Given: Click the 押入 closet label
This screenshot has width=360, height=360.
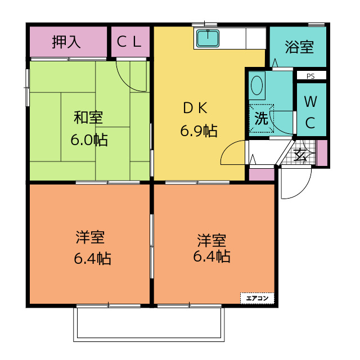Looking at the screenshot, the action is pos(66,42).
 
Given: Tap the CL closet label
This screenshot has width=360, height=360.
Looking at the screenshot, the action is pos(129,42).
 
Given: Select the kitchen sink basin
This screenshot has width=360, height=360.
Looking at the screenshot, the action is pos(208,38).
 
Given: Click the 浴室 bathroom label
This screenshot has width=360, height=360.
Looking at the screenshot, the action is pos(299,47).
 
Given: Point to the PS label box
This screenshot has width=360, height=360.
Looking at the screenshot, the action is pos(311,75).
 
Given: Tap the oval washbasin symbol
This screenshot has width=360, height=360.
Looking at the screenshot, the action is pos(256,85).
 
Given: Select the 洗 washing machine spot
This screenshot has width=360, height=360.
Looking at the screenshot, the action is pos(261,118).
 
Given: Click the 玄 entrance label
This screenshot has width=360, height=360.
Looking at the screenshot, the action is pos(299,156).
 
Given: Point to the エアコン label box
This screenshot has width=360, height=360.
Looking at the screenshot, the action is pos(257,298).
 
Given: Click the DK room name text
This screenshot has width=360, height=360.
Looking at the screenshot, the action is pos(195,108).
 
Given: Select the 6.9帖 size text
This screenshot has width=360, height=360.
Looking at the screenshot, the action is pos(199,130).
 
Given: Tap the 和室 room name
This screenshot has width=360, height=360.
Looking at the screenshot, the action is pos(88,117).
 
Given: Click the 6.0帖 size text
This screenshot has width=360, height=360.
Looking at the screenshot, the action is pos(89,139).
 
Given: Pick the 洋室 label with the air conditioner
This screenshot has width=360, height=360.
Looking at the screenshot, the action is pos(211,240).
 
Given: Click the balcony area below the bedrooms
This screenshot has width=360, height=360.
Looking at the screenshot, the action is pos(148,325).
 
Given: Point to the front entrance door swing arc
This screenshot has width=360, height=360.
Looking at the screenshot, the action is pos(304,189).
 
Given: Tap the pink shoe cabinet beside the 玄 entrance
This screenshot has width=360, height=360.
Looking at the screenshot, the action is pos(322,152).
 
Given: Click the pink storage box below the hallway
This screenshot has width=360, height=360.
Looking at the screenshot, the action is pos(262,175).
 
